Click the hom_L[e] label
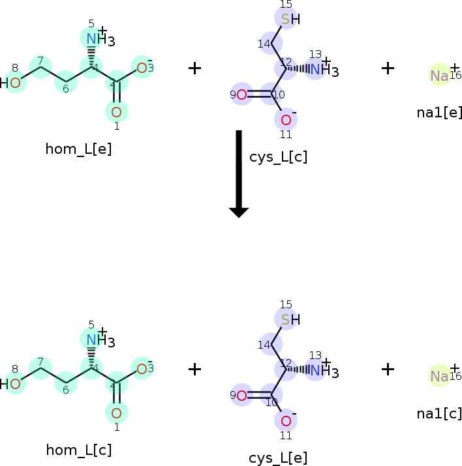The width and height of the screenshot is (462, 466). click(x=78, y=149)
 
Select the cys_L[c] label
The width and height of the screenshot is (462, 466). click(x=278, y=157)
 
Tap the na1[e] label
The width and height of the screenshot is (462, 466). click(x=439, y=112)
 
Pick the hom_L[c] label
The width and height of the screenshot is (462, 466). click(x=78, y=450)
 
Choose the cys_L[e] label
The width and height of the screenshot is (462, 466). click(x=278, y=458)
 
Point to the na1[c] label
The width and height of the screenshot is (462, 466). click(x=439, y=413)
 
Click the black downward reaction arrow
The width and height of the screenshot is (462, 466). click(x=239, y=173)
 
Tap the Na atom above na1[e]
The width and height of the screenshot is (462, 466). click(x=439, y=76)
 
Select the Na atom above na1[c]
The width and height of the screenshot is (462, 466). click(x=439, y=377)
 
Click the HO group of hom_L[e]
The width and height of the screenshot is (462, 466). click(x=11, y=83)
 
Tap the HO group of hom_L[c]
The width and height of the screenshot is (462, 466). click(x=11, y=384)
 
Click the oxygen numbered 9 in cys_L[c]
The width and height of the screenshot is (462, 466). click(x=241, y=95)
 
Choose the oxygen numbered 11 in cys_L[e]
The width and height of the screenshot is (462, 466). click(x=286, y=420)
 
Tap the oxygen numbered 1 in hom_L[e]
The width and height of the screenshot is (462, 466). click(x=117, y=111)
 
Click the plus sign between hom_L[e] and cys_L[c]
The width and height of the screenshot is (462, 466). click(x=194, y=68)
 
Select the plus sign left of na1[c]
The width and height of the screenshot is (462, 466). click(x=388, y=369)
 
